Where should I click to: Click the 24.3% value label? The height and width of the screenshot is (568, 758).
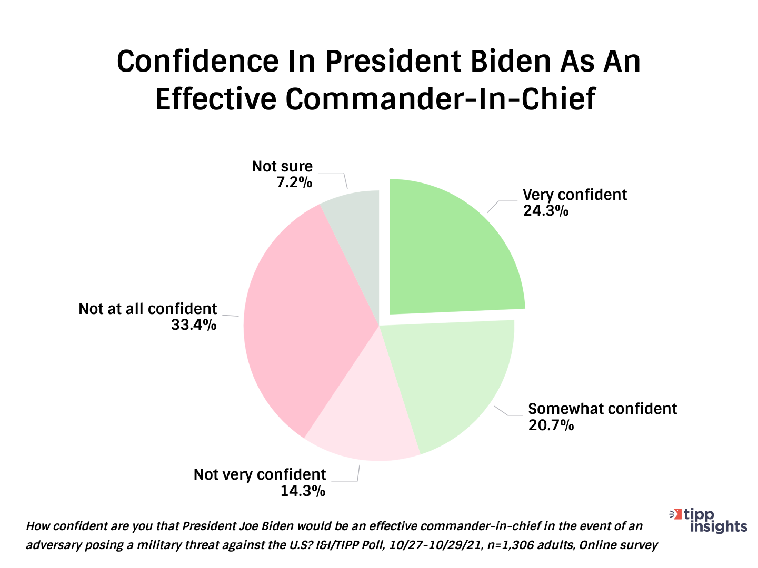(x=545, y=211)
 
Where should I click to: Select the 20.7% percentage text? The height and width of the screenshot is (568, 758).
(x=551, y=425)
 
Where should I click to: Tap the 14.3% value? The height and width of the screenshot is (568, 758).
(x=303, y=491)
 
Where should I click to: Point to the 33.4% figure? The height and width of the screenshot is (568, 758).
(x=194, y=325)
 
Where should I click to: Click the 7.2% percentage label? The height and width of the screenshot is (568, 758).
(x=294, y=182)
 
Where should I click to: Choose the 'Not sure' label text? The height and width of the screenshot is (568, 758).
(x=282, y=166)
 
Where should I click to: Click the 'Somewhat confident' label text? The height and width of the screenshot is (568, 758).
(x=602, y=409)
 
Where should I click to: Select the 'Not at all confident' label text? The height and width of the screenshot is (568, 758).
(x=147, y=309)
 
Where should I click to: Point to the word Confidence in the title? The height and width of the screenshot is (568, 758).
(x=197, y=62)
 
